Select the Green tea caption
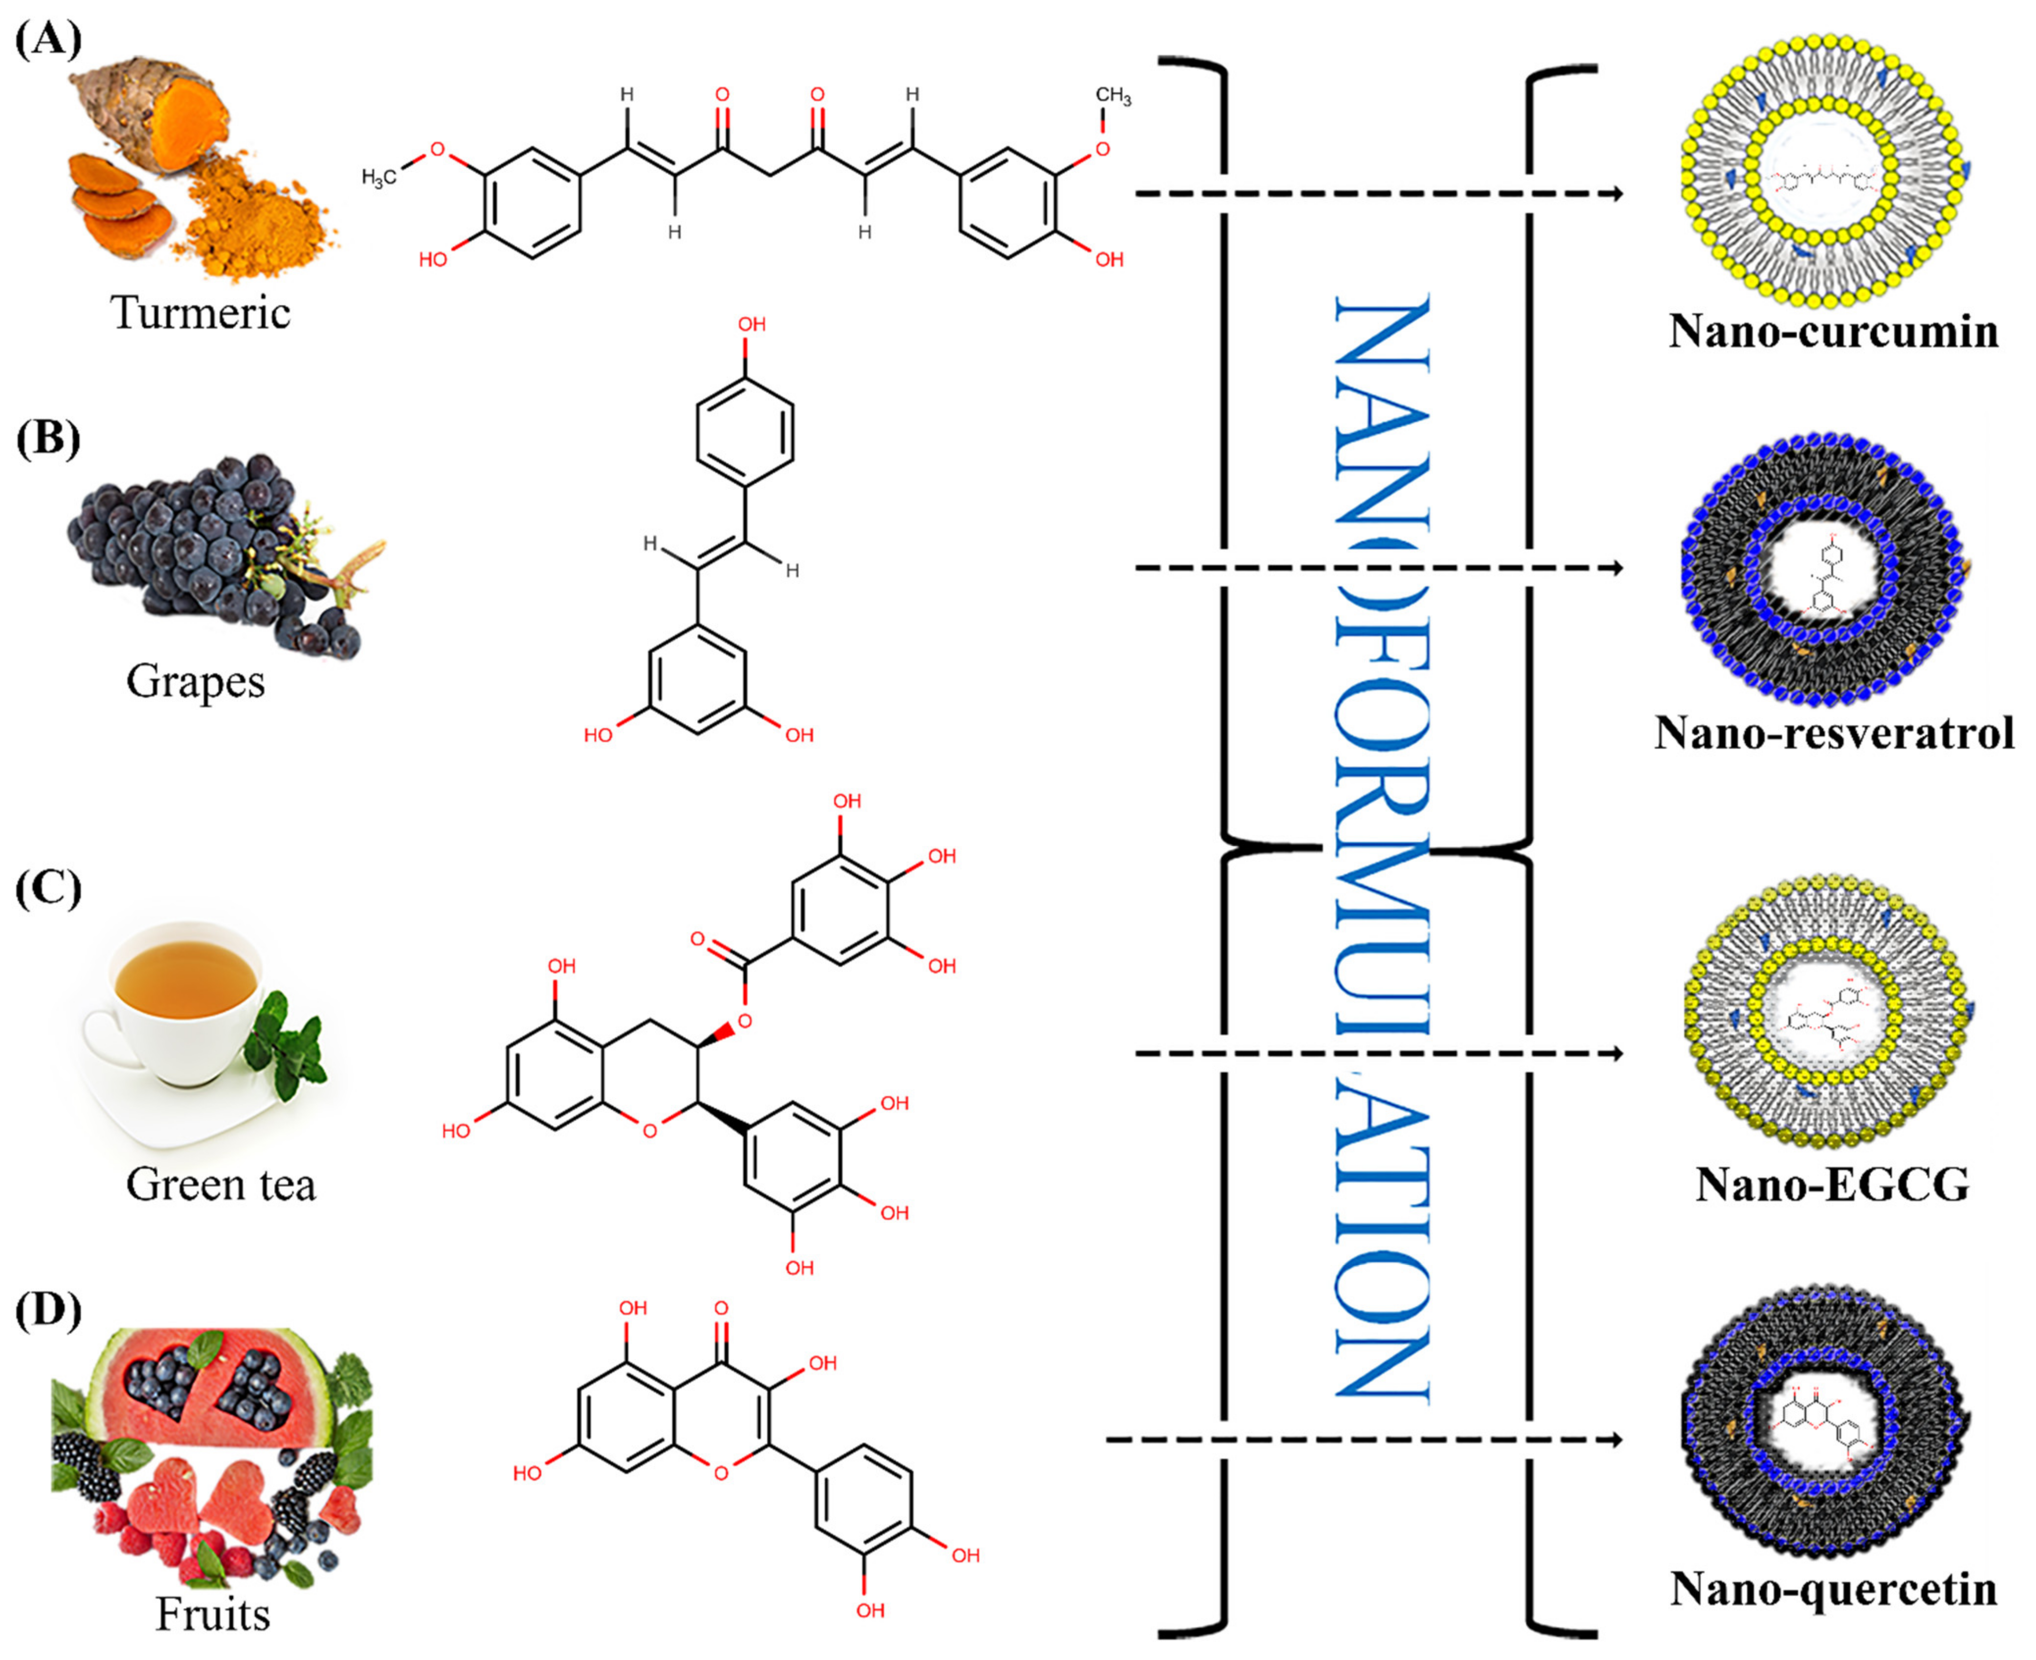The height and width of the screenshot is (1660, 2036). tap(220, 1185)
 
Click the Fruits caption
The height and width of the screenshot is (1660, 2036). tap(213, 1614)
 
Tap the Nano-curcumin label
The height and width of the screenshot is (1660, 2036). tap(1833, 332)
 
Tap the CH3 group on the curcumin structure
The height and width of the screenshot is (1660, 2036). tap(1112, 97)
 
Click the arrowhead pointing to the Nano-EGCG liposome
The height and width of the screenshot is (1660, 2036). tap(1616, 1054)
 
